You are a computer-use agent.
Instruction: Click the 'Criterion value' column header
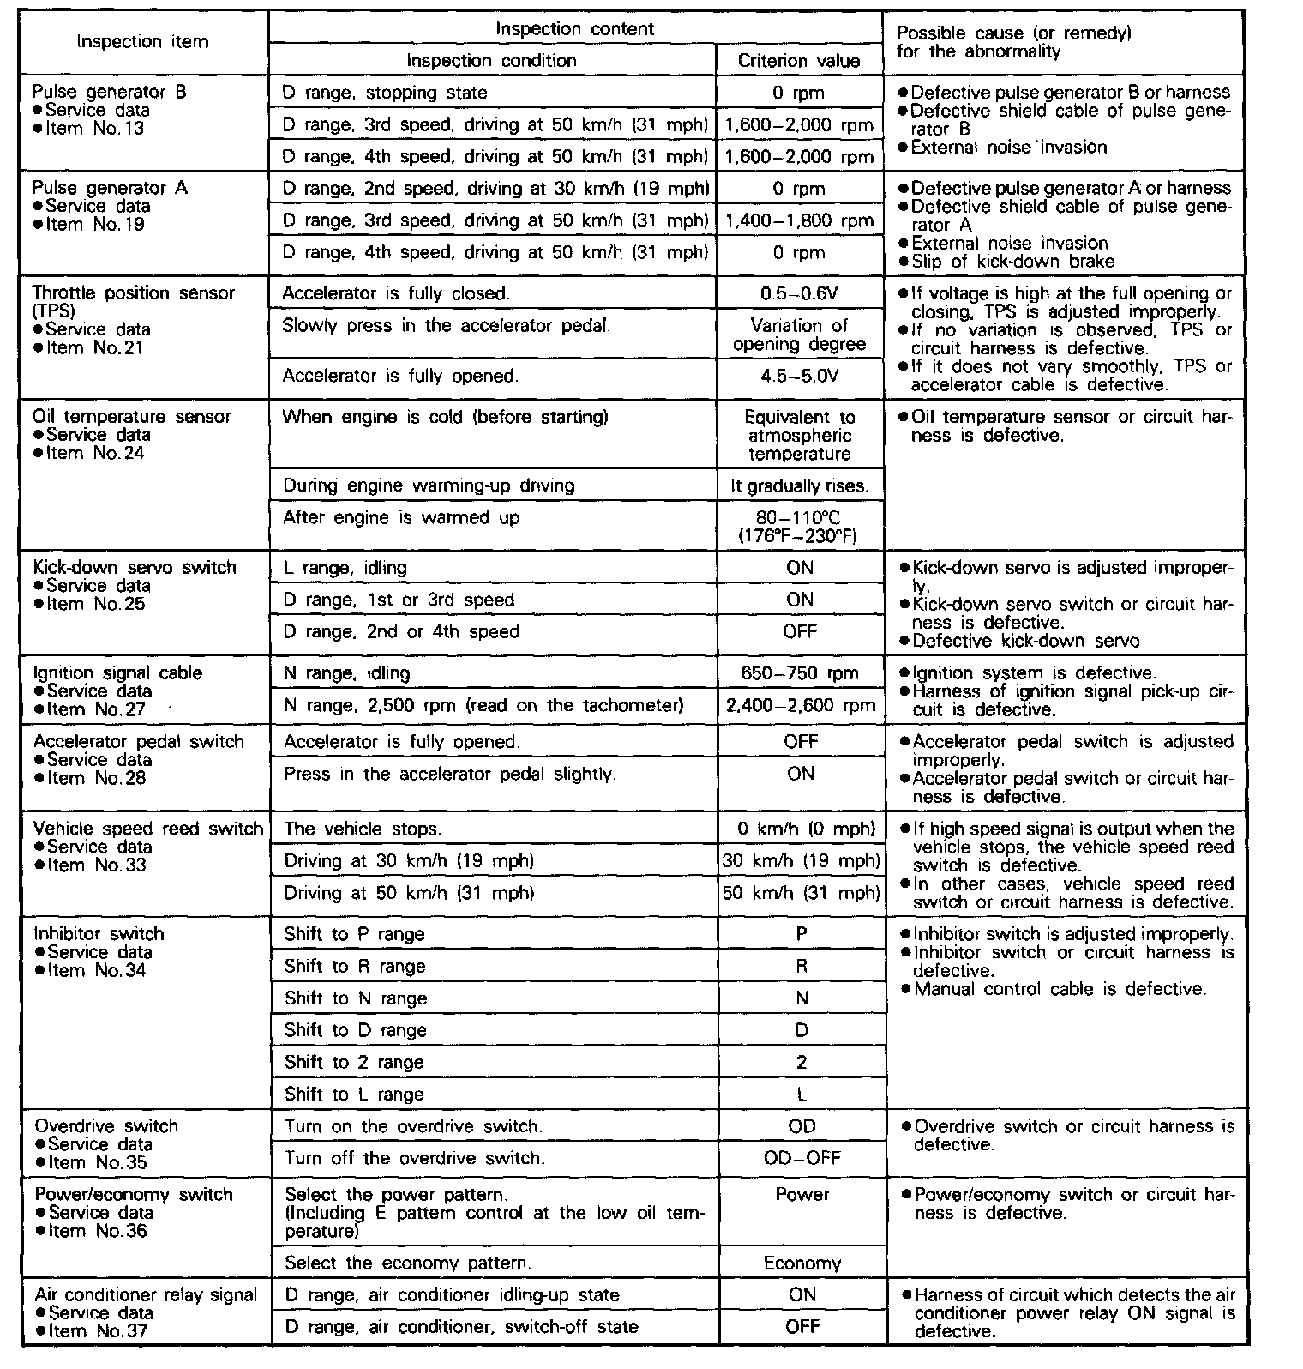[x=798, y=61]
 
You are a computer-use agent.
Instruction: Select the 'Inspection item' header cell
[x=142, y=42]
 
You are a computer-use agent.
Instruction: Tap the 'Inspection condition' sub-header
[x=491, y=61]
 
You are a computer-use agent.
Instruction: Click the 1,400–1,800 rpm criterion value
[x=799, y=221]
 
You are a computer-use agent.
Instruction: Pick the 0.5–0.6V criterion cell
[x=799, y=293]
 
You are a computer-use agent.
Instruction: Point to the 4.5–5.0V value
[x=799, y=376]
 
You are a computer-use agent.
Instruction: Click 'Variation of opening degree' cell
[x=799, y=335]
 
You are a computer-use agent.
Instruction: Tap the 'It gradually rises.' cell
[x=799, y=486]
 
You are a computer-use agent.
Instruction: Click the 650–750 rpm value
[x=799, y=673]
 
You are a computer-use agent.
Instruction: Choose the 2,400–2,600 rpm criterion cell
[x=799, y=706]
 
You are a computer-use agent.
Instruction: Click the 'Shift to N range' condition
[x=356, y=998]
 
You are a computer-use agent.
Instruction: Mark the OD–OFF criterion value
[x=802, y=1159]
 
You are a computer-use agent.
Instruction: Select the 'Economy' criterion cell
[x=802, y=1263]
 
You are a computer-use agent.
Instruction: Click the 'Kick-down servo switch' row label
[x=135, y=568]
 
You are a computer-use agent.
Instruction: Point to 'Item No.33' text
[x=97, y=865]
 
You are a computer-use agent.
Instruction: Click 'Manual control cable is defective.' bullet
[x=1060, y=990]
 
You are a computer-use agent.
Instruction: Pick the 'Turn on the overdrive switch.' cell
[x=413, y=1126]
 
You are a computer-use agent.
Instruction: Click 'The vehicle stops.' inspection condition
[x=363, y=829]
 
